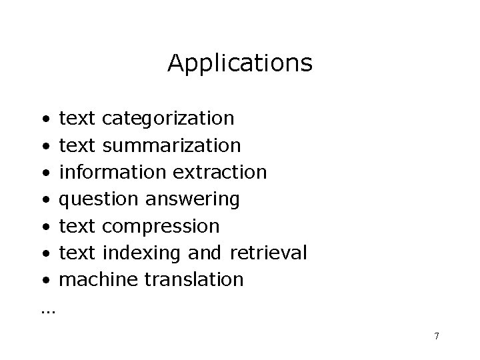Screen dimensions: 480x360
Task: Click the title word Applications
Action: click(239, 64)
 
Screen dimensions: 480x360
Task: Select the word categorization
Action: click(169, 119)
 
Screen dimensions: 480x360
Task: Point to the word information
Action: click(113, 172)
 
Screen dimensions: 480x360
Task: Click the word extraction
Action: click(220, 172)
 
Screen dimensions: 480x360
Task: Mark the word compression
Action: click(162, 226)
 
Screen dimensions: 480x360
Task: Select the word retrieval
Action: click(269, 253)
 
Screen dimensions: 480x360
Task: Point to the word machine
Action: click(99, 279)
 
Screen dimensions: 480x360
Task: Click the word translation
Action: click(194, 279)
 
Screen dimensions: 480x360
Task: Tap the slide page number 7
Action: click(436, 336)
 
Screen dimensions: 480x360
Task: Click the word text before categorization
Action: click(78, 119)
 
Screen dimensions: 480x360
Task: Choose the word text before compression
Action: click(78, 226)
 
